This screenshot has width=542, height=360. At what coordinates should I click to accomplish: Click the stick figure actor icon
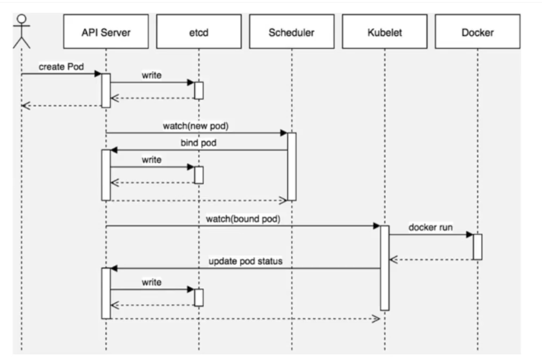(x=21, y=31)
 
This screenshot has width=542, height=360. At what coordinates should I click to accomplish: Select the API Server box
(x=106, y=31)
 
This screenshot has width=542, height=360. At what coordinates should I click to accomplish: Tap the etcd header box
(x=199, y=31)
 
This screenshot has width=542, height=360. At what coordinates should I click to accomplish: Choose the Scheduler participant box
(x=292, y=31)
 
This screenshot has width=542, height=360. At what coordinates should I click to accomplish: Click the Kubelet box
(x=385, y=31)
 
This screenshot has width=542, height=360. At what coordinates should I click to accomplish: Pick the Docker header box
(x=477, y=31)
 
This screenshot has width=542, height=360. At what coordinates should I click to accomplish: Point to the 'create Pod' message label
(x=61, y=67)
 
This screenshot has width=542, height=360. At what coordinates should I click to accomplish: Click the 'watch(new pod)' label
(x=196, y=126)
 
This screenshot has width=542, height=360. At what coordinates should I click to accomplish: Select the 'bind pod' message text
(x=198, y=142)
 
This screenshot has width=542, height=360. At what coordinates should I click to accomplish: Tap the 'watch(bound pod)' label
(x=243, y=219)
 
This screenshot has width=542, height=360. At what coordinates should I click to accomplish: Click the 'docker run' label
(x=430, y=227)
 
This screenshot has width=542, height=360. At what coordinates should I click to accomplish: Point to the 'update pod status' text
(x=246, y=261)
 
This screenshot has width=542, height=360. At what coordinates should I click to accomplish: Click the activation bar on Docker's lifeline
(x=477, y=247)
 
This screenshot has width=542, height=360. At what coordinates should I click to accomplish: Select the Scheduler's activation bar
(x=292, y=167)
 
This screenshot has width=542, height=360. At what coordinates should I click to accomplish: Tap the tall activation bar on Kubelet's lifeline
(x=385, y=268)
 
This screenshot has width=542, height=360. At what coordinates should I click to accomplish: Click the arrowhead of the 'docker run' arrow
(x=470, y=234)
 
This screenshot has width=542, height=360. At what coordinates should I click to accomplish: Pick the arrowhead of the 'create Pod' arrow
(x=98, y=74)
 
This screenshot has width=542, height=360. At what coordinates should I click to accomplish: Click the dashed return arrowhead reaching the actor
(x=26, y=105)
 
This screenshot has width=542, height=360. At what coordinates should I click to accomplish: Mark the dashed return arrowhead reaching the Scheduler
(x=283, y=200)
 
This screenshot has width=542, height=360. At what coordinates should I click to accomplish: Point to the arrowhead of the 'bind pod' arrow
(x=114, y=150)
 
